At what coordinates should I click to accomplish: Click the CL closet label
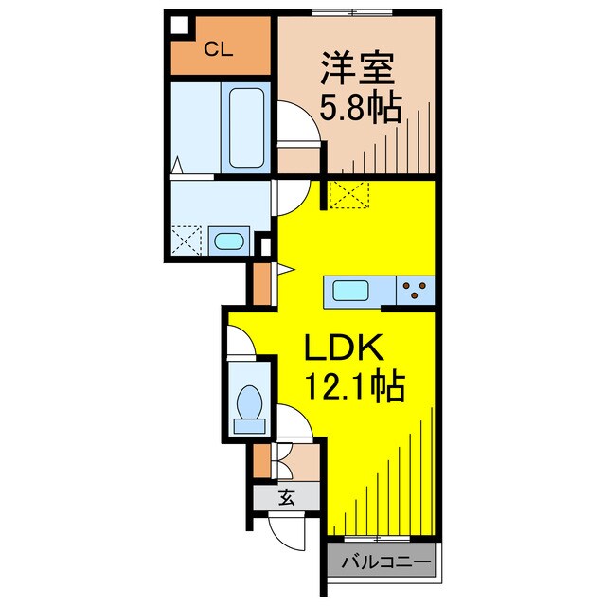click(220, 49)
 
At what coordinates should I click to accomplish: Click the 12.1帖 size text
click(354, 386)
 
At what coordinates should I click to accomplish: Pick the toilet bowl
click(250, 407)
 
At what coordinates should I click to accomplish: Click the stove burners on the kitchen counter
click(414, 289)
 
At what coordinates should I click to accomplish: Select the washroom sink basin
click(228, 241)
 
